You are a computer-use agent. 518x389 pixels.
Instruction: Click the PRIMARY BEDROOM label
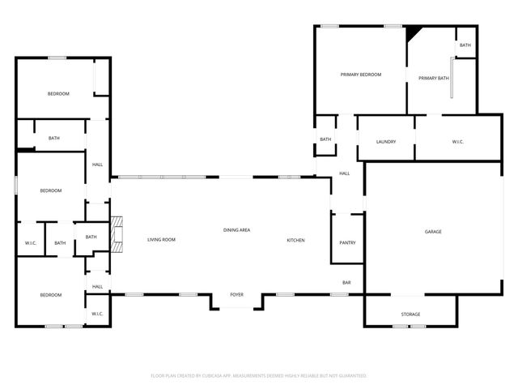(360, 75)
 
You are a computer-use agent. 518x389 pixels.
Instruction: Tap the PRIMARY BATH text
(433, 78)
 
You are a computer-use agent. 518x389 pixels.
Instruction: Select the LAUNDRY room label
(386, 142)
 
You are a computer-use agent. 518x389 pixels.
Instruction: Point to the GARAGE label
(433, 232)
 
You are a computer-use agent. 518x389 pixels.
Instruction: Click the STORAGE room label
(411, 314)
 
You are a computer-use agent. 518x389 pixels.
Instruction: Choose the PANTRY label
(347, 242)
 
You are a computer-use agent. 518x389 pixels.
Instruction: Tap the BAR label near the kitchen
(346, 283)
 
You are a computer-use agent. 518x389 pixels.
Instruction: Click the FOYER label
(237, 295)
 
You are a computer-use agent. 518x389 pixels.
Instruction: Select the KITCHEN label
(295, 240)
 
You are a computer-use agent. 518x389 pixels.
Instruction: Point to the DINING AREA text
(236, 230)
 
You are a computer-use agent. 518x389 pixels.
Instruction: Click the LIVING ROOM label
(161, 240)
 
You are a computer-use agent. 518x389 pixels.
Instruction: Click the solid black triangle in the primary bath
(413, 33)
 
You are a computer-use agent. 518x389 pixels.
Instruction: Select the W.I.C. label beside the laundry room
(457, 142)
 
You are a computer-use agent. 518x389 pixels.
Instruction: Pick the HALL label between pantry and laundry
(344, 173)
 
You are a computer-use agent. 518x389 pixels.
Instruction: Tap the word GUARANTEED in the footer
(350, 376)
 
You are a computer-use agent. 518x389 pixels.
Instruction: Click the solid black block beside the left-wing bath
(26, 148)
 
